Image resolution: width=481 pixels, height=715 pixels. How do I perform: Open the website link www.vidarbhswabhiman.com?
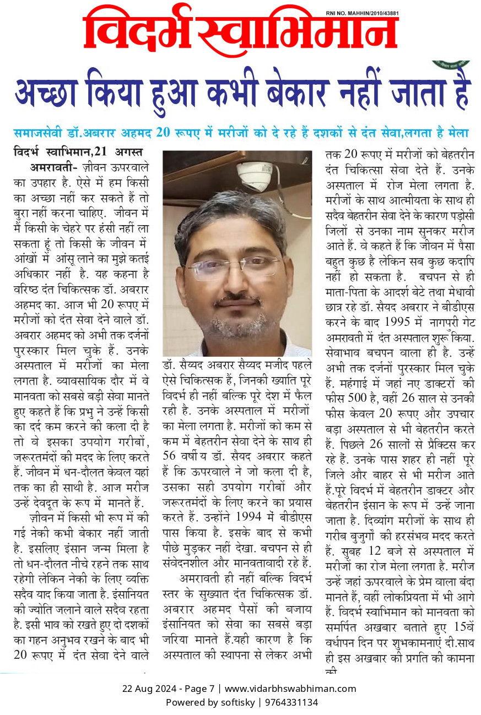pos(291,688)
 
